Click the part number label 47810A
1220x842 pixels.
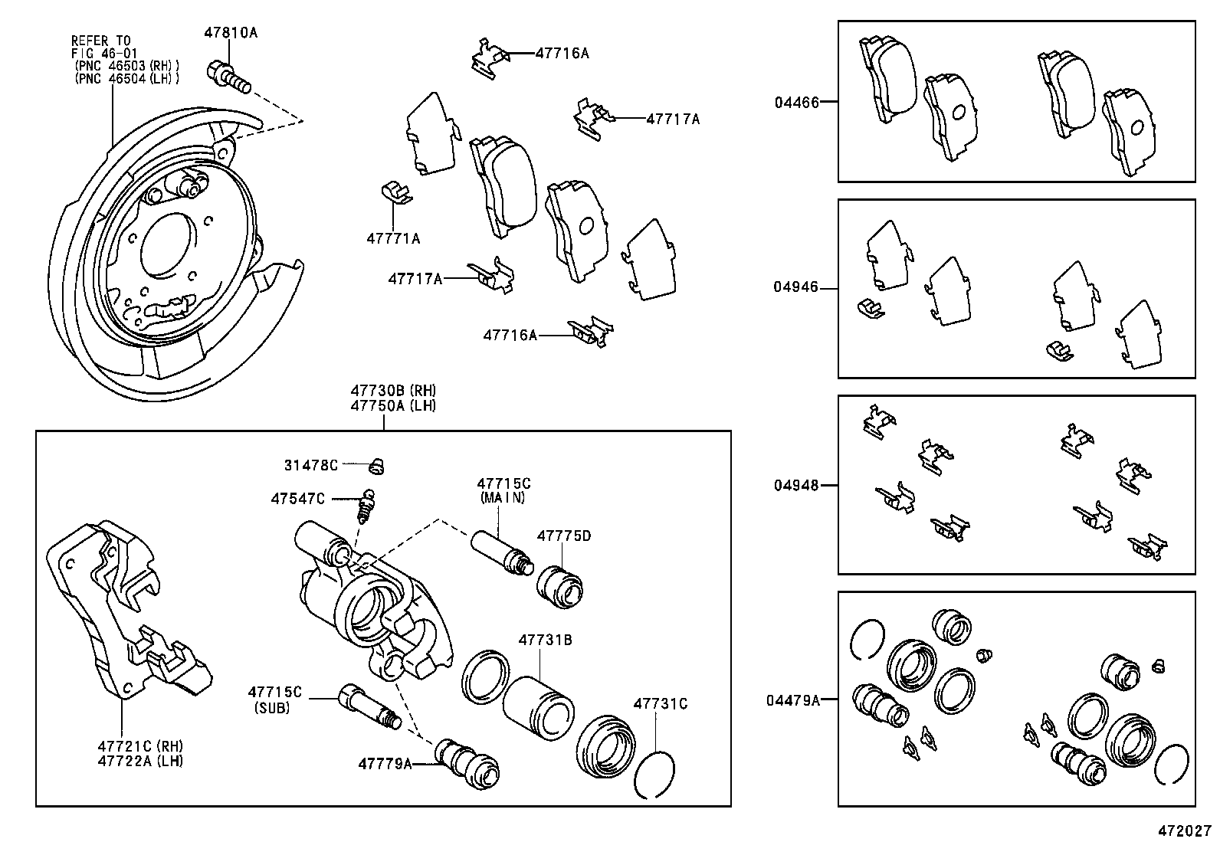coord(231,33)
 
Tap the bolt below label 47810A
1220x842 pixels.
coord(228,77)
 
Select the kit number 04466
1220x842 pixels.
coord(797,103)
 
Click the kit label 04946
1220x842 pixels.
coord(795,287)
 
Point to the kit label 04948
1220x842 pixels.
coord(796,485)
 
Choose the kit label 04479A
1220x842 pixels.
coord(793,700)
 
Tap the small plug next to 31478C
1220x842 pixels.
coord(376,467)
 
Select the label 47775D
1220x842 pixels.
coord(564,536)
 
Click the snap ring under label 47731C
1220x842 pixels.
coord(654,775)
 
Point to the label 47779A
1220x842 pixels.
coord(385,764)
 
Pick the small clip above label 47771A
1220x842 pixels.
coord(395,192)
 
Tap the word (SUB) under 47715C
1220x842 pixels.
coord(272,708)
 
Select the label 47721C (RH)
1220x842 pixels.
coord(140,746)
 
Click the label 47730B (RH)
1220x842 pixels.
coord(393,391)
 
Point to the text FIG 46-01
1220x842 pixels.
coord(104,54)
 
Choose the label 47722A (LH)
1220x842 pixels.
coord(140,761)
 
